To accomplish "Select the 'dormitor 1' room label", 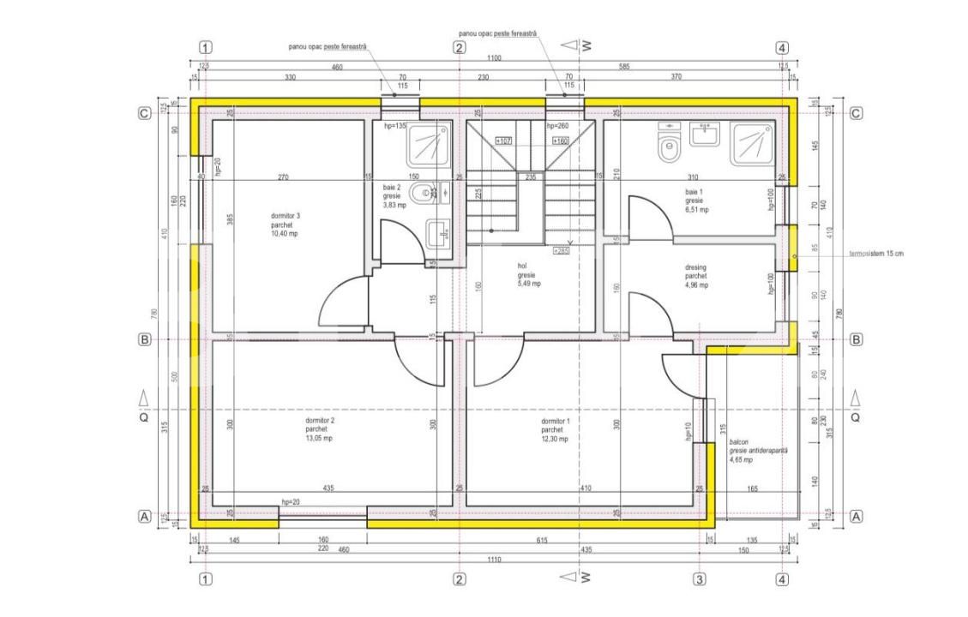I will click(x=556, y=421).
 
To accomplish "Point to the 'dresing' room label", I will click(x=696, y=267).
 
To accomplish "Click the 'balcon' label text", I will click(x=740, y=441).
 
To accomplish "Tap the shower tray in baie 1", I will click(x=752, y=143).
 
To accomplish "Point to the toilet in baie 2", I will click(x=421, y=195).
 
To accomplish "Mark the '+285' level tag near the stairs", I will click(x=562, y=251).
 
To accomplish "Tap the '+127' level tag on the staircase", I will click(x=504, y=141).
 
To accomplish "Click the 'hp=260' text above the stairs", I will click(x=558, y=126).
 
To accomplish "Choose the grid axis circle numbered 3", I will click(x=699, y=580).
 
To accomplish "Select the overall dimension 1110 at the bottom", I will click(x=494, y=560).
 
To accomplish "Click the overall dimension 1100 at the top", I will click(x=494, y=58).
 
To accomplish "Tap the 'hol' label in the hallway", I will click(x=521, y=267).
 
